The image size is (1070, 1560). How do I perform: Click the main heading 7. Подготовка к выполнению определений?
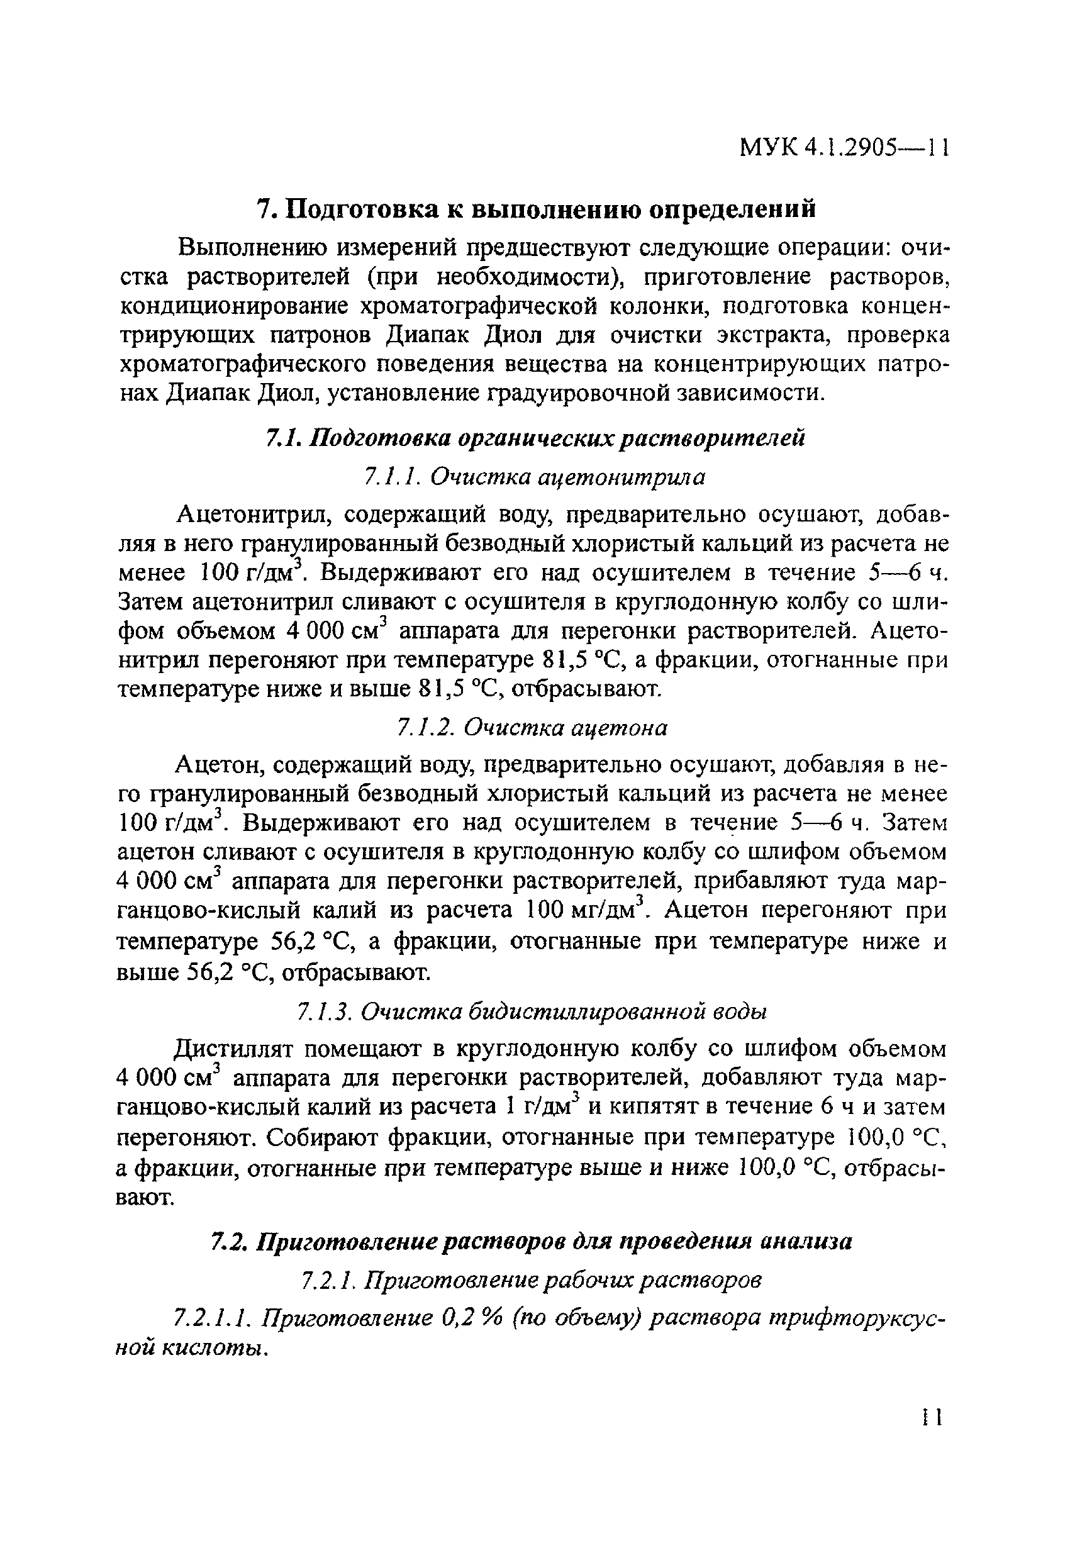point(537,209)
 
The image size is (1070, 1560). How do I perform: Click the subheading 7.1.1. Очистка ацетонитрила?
point(534,477)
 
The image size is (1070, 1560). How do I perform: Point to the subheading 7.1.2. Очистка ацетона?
point(532,728)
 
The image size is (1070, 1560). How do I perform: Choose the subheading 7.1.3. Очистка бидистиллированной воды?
point(531,1011)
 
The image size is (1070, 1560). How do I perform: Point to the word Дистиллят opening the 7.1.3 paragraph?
point(235,1049)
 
